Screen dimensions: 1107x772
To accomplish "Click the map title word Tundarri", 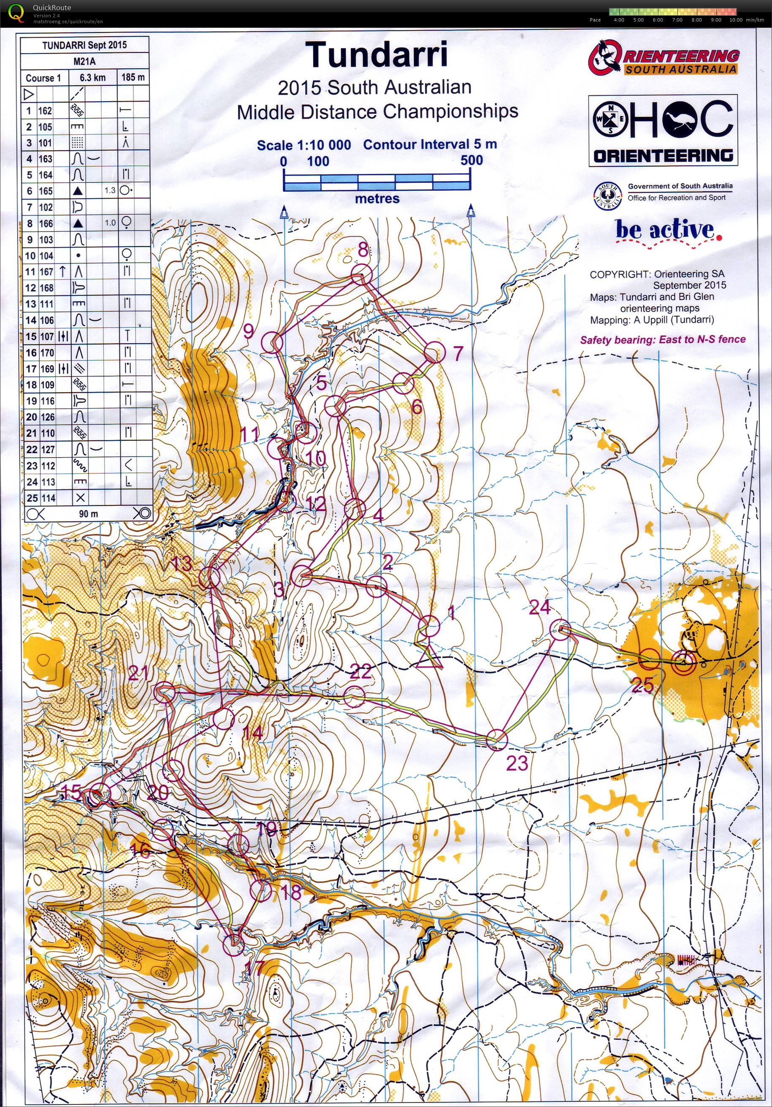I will tap(377, 54).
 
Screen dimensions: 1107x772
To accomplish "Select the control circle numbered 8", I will tap(361, 275).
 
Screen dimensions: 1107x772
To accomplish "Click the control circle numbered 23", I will tap(497, 740).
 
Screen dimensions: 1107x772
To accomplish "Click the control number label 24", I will tap(539, 608).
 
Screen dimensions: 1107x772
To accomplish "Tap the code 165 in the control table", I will tap(45, 191).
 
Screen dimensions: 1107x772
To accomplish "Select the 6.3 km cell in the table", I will tap(92, 78).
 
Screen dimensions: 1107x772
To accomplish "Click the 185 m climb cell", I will tap(133, 77).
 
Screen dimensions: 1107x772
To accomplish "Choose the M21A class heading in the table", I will tap(85, 62).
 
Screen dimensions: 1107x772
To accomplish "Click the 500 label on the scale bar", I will tap(471, 160).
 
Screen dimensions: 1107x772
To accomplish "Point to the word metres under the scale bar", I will tap(377, 198).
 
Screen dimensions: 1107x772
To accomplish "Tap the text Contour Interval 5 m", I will tap(430, 144).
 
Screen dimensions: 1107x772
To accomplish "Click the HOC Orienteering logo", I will tap(663, 130).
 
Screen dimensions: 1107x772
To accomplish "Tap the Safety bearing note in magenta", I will tap(663, 339).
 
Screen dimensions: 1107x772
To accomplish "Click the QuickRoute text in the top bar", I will tap(51, 7).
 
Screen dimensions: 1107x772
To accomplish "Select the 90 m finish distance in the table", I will tap(88, 514).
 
